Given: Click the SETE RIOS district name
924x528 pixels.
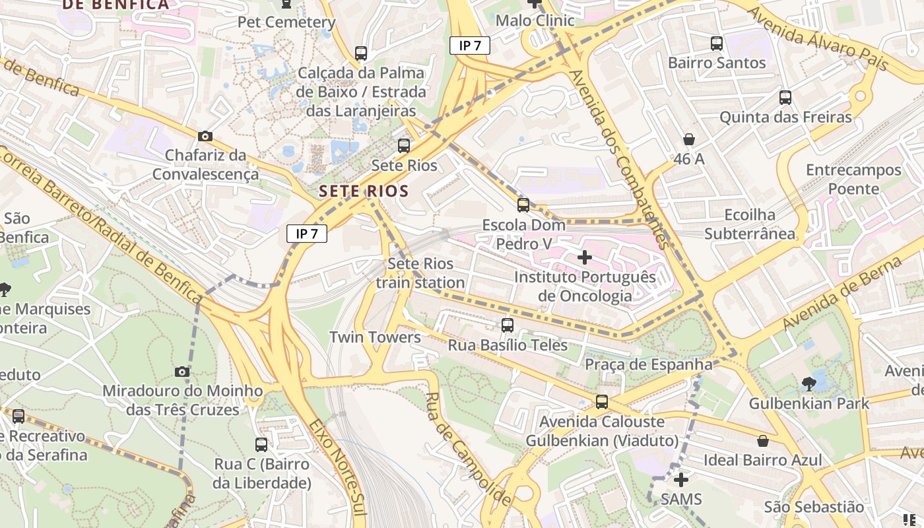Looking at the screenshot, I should tap(364, 191).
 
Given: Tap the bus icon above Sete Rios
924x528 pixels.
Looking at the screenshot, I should tap(403, 146).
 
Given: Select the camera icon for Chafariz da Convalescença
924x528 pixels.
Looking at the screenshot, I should tap(205, 136).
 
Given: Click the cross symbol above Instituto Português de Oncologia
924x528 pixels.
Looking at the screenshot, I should tap(585, 257).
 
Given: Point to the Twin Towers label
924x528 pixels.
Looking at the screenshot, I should tap(375, 337).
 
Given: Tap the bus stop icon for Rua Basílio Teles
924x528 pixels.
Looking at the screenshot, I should tap(507, 325).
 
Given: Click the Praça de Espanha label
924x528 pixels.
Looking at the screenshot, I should tap(648, 364).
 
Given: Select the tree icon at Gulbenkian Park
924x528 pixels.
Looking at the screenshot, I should tap(808, 383).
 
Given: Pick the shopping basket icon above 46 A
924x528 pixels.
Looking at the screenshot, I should tap(689, 139).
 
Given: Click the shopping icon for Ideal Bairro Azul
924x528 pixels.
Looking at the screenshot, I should tap(763, 440).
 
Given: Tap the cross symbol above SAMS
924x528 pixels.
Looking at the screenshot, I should tap(680, 479).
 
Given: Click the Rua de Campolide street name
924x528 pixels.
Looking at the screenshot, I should tap(468, 449).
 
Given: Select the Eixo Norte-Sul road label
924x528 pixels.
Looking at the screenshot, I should tap(337, 472).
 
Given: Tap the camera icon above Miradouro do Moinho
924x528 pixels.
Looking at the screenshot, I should tap(182, 372).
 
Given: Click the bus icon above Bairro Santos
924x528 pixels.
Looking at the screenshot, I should tap(717, 44).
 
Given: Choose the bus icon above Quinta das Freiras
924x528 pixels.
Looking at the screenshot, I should tap(785, 98).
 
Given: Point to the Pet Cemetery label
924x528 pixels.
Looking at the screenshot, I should tap(286, 22).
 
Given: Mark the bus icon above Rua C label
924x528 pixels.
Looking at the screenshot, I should tap(261, 444).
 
